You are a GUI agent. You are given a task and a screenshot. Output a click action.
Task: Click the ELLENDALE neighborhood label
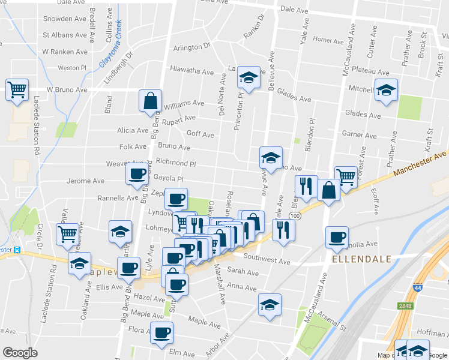pyautogui.click(x=361, y=259)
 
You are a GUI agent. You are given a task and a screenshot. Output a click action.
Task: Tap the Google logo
pyautogui.click(x=20, y=353)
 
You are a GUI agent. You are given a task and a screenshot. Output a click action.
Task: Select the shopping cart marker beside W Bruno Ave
pyautogui.click(x=17, y=90)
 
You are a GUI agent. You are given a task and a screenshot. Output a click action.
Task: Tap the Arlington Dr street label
pyautogui.click(x=192, y=46)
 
